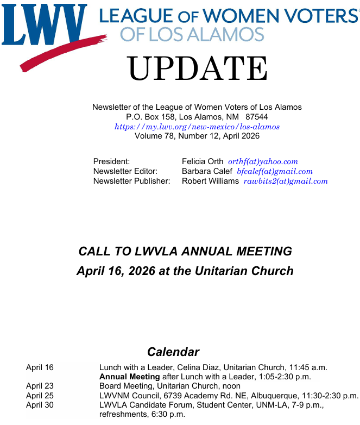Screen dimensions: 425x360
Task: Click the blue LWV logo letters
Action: click(x=43, y=24)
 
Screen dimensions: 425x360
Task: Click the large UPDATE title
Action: click(x=198, y=70)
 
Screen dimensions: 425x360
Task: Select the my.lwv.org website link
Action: click(x=197, y=127)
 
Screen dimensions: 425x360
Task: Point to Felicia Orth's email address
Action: click(x=263, y=161)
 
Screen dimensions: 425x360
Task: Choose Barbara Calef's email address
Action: click(x=274, y=171)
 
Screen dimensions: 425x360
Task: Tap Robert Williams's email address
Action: click(x=285, y=181)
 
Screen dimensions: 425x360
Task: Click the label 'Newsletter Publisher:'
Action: click(x=131, y=181)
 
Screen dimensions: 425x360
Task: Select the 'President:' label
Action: click(x=111, y=161)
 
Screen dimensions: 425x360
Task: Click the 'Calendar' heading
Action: click(x=173, y=352)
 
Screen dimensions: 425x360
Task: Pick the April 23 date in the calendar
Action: click(x=40, y=386)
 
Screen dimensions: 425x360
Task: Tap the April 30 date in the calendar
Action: click(x=40, y=404)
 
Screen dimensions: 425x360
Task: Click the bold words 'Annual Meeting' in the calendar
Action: click(x=129, y=377)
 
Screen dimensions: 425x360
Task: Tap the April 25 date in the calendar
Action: click(x=40, y=395)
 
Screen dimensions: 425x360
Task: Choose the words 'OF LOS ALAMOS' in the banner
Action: click(x=192, y=34)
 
